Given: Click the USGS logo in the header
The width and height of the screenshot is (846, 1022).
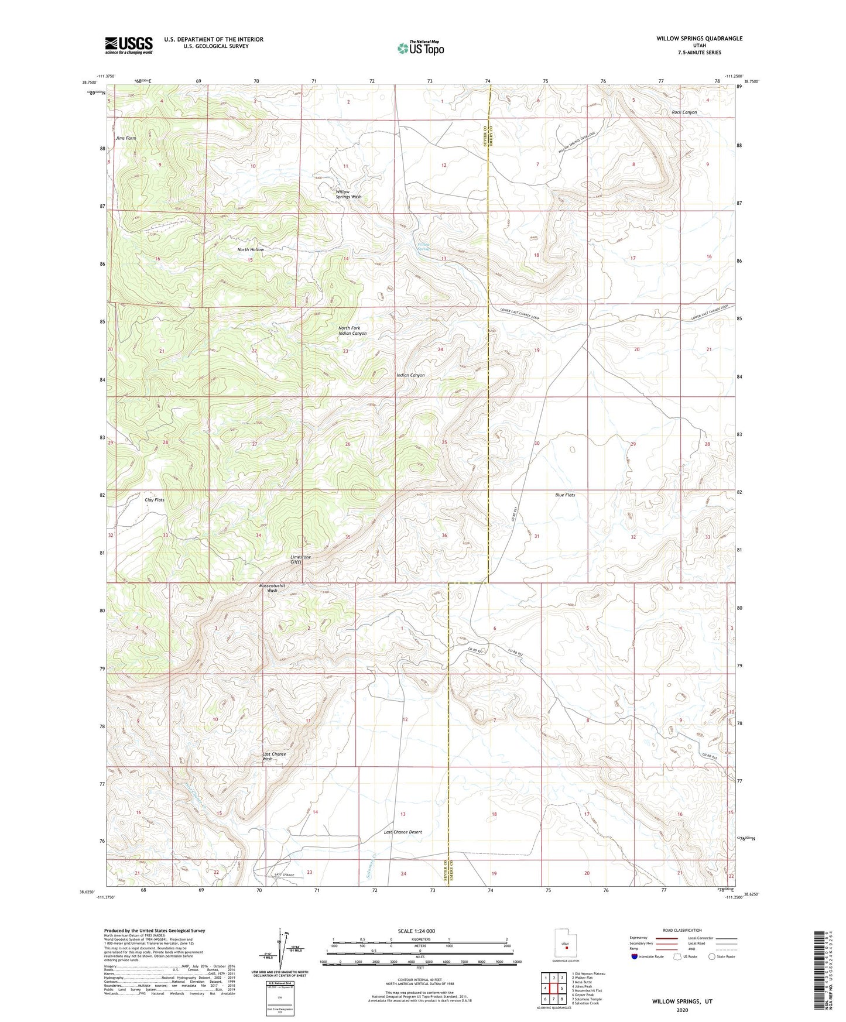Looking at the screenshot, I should tap(129, 45).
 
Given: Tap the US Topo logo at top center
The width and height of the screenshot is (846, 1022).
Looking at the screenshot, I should tap(420, 48).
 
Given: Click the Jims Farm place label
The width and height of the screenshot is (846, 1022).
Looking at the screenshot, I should tap(126, 138).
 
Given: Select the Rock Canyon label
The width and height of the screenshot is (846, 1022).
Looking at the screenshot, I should tap(684, 112).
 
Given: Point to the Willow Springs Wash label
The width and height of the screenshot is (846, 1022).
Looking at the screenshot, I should tap(348, 194).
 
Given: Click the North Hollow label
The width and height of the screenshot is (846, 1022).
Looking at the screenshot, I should tap(251, 249).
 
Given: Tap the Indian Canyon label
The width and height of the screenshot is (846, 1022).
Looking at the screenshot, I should tap(410, 375).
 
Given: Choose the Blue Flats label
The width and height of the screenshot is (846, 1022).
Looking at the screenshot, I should tap(565, 495).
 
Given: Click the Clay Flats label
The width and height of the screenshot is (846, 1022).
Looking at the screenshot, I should tap(155, 500).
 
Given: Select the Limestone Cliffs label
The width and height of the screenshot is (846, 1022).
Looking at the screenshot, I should tap(301, 560).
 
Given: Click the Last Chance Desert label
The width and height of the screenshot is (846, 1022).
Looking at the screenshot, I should tap(403, 832).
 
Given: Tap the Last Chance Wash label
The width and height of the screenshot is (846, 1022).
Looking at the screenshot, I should tap(274, 756).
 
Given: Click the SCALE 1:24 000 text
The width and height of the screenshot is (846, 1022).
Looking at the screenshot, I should tap(417, 931).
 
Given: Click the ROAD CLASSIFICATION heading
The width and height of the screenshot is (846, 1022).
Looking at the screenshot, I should tap(682, 930).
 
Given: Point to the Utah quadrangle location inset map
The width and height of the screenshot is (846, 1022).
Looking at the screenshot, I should tap(566, 945).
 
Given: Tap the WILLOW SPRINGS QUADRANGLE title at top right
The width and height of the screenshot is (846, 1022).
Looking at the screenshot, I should tap(699, 39).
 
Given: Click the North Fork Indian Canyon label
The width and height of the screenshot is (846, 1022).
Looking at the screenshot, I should tap(352, 331).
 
